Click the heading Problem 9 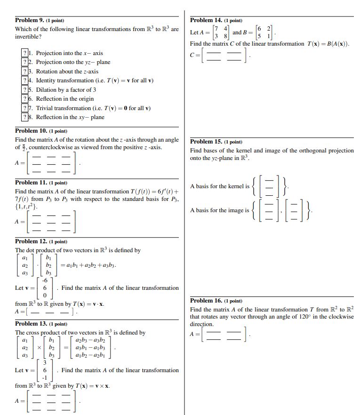(29, 20)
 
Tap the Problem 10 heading (31, 131)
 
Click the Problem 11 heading (31, 183)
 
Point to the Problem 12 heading (31, 241)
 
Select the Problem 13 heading (31, 324)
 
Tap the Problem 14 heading (206, 20)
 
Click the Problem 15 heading (206, 142)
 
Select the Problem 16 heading (206, 301)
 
